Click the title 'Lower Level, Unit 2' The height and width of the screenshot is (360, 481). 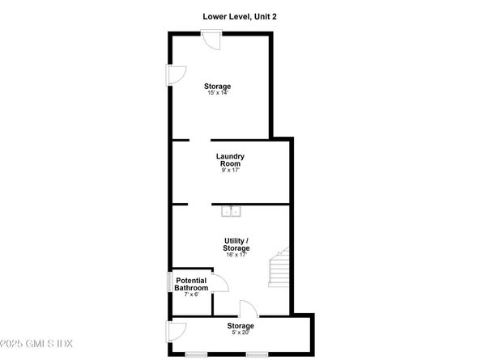240,15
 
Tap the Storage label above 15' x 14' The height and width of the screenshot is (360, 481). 217,87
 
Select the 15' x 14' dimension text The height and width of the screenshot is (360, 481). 217,94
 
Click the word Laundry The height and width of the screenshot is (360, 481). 231,156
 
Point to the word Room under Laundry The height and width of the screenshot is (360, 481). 231,163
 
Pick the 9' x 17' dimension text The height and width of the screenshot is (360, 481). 231,171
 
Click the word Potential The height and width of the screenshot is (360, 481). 192,281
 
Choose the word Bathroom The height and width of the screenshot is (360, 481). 192,288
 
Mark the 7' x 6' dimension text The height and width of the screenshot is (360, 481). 192,295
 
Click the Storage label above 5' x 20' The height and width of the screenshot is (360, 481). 240,326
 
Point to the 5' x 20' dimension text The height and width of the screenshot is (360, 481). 240,333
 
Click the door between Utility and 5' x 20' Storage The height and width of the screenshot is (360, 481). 248,309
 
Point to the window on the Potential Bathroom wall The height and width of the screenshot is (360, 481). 170,282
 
